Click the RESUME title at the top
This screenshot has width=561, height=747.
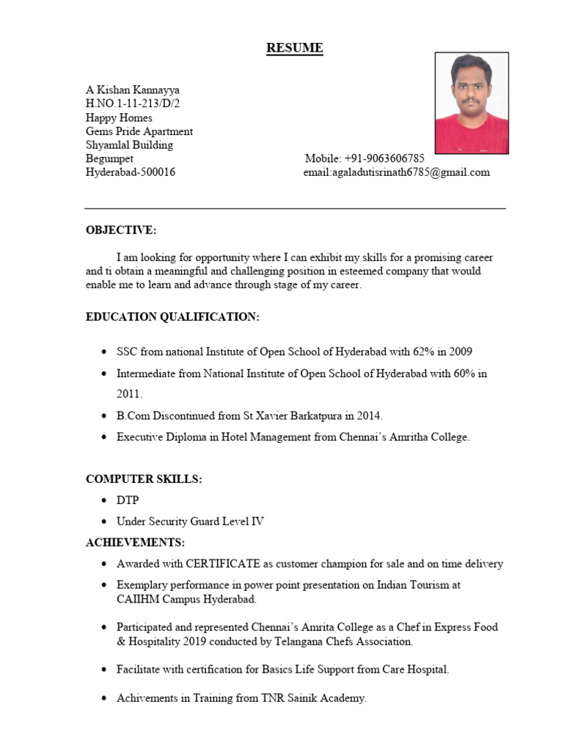[294, 48]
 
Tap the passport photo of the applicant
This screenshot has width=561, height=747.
[472, 103]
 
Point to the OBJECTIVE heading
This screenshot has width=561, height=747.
[121, 231]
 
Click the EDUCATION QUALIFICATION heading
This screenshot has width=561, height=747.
[172, 317]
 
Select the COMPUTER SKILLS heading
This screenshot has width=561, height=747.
[144, 479]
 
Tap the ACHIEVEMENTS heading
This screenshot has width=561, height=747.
[135, 543]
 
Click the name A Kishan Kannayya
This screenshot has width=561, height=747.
[132, 90]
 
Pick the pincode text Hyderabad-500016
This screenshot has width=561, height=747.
[130, 172]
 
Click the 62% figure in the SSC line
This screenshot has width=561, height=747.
[421, 352]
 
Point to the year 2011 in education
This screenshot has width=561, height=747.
[129, 394]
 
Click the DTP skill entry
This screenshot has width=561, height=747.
[127, 500]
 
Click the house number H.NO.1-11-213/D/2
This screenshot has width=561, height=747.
[132, 104]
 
